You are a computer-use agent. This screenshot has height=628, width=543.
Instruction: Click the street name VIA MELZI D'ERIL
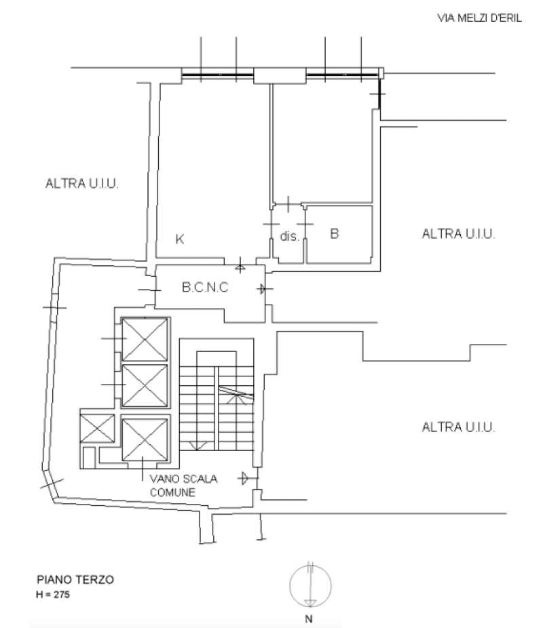pos(479,18)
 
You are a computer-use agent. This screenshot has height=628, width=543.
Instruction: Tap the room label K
pos(180,239)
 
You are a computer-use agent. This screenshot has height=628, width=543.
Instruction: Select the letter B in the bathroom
pos(334,233)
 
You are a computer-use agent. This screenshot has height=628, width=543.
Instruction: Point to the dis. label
pos(289,236)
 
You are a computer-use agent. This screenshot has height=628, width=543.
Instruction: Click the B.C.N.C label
pos(205,287)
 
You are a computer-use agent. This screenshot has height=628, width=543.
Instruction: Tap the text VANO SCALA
pos(183,479)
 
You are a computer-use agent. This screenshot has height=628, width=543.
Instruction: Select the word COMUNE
pos(172,492)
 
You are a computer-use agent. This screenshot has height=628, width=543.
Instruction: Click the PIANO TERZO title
pos(75,580)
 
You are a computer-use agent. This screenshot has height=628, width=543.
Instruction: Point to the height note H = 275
pos(53,594)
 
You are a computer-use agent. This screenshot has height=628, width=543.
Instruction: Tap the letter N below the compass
pos(309,619)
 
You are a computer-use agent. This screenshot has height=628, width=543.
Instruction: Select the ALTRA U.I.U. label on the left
pos(81,183)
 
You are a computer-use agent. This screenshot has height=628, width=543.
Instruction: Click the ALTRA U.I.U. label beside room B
pos(458,233)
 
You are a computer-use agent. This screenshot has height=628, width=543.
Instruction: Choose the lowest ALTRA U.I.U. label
pos(458,427)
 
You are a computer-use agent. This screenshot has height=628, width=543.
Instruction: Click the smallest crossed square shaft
pos(97,429)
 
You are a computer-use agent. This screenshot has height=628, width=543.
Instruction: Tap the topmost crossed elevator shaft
pos(145,339)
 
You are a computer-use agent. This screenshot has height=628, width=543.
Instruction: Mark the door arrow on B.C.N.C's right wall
pos(263,288)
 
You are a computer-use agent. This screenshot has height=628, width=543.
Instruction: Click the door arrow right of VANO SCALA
pos(245,478)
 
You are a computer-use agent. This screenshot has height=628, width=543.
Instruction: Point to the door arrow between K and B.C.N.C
pos(240,266)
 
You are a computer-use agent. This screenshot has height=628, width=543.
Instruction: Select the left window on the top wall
pos(218,75)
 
